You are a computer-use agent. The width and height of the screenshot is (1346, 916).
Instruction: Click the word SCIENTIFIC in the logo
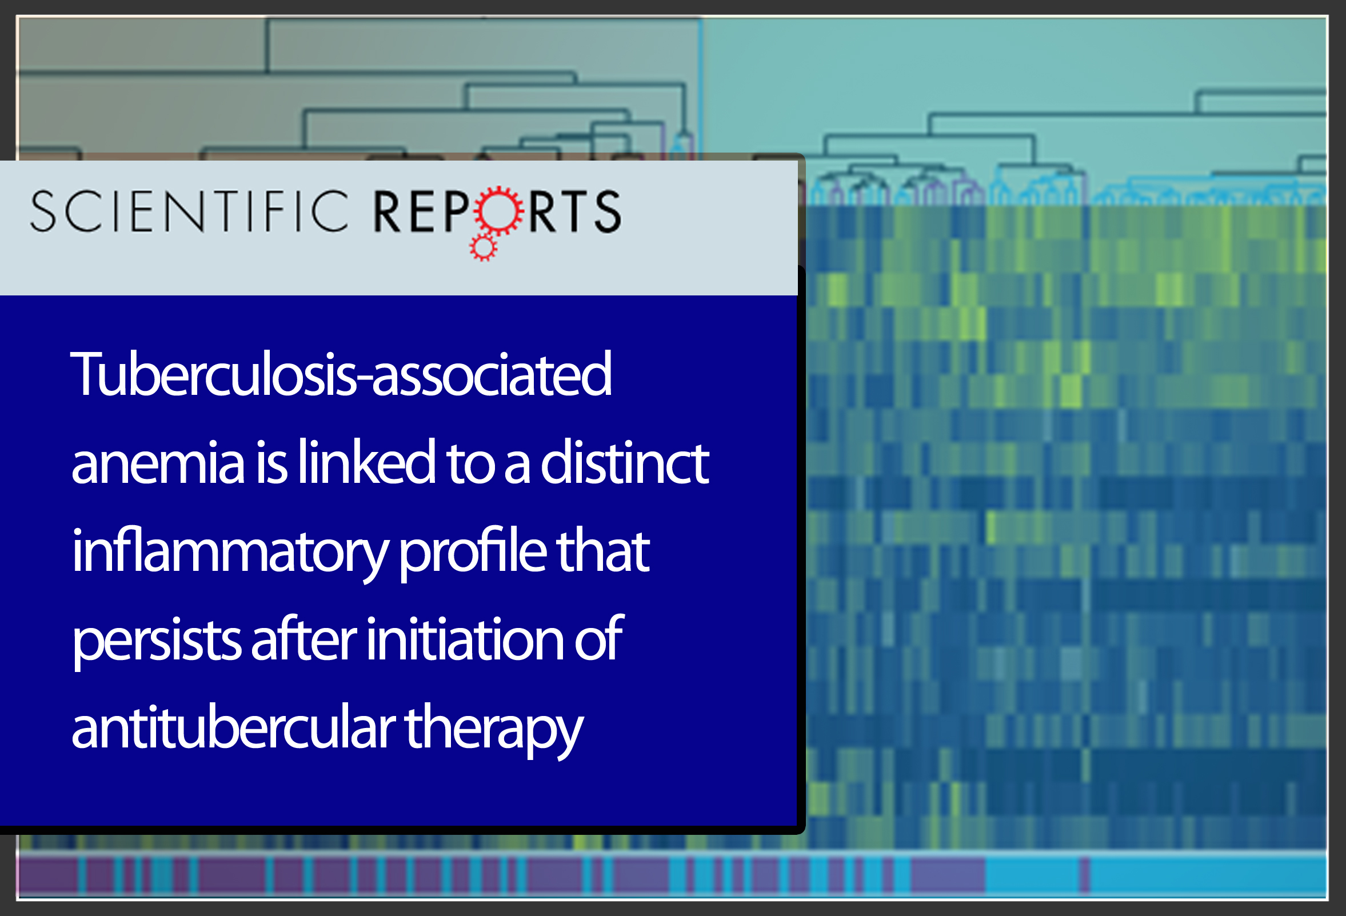coord(189,211)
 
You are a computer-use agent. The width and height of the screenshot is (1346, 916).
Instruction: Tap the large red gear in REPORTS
coord(498,210)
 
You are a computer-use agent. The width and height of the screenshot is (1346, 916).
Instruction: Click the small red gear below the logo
coord(483,248)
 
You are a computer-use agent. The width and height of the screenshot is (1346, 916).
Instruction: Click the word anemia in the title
coord(158,463)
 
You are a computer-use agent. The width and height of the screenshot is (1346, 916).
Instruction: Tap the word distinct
coord(624,461)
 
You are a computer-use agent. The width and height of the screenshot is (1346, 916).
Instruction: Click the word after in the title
coord(303,639)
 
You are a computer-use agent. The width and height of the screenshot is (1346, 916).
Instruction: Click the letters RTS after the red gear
coord(574,211)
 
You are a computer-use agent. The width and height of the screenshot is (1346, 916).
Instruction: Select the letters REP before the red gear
coord(422,211)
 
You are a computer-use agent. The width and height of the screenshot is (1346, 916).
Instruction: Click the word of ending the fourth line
coord(598,639)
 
